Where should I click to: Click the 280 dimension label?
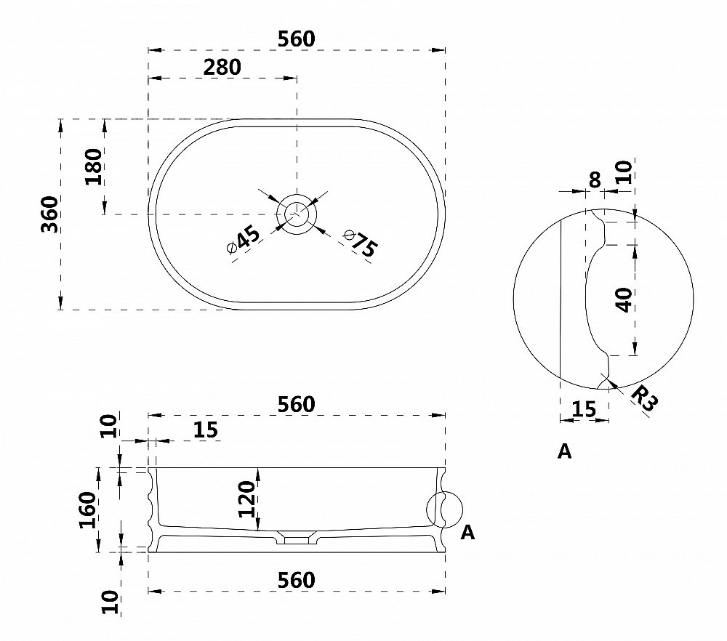[x=222, y=67]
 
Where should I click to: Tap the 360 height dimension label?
[x=49, y=214]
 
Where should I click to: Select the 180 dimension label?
[x=94, y=166]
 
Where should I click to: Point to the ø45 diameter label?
[x=244, y=240]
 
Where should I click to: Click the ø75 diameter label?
[x=361, y=243]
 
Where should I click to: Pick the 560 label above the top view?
[x=297, y=39]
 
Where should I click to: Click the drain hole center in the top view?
[x=297, y=214]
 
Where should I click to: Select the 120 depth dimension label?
[x=246, y=499]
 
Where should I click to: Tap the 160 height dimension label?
[x=87, y=510]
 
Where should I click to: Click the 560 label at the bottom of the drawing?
[x=297, y=580]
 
